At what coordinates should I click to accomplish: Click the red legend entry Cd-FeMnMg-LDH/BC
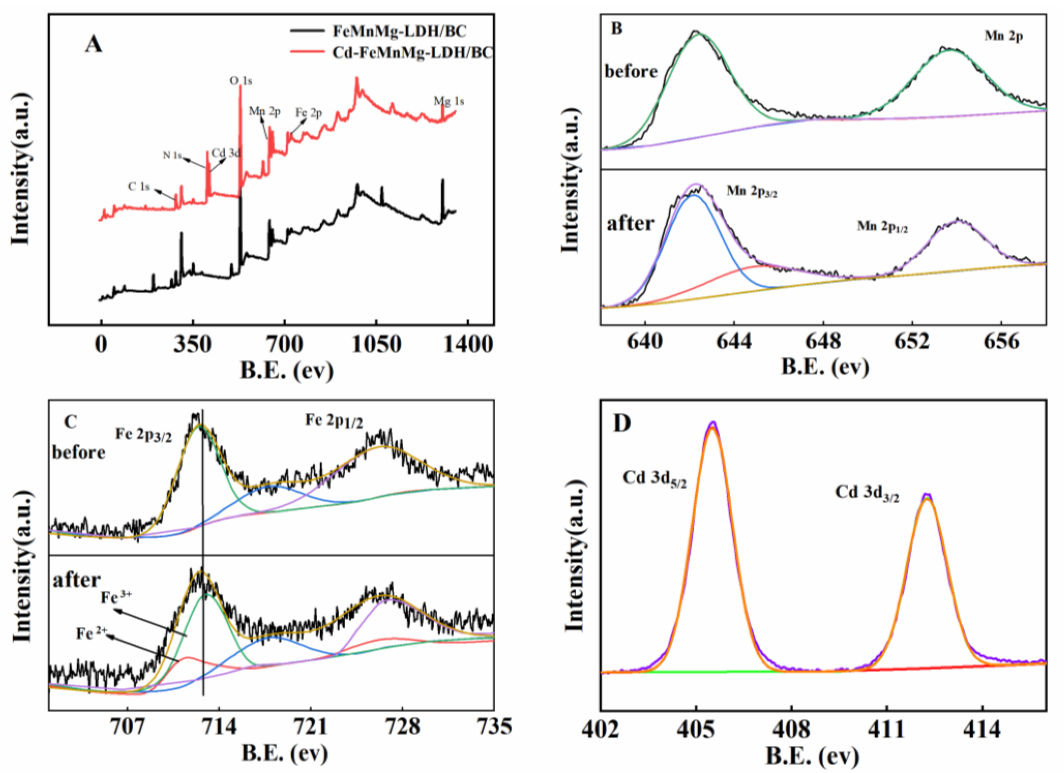pyautogui.click(x=412, y=52)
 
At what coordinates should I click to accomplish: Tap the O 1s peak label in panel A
pyautogui.click(x=241, y=81)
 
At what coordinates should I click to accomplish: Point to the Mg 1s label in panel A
pyautogui.click(x=449, y=101)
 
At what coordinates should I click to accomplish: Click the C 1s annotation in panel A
pyautogui.click(x=139, y=187)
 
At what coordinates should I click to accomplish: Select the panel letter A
pyautogui.click(x=93, y=45)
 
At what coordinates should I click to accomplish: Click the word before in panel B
pyautogui.click(x=631, y=71)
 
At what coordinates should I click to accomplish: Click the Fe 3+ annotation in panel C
pyautogui.click(x=116, y=598)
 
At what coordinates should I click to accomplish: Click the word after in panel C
pyautogui.click(x=77, y=580)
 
